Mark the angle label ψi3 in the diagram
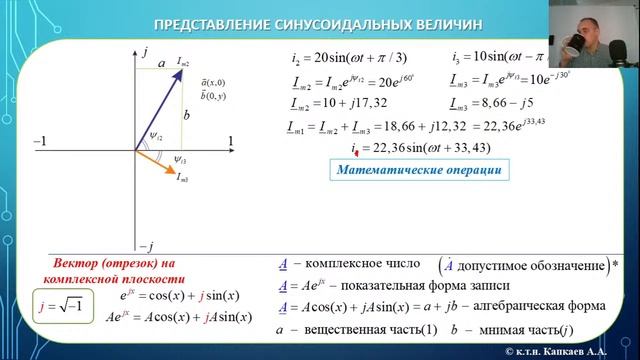[178, 159]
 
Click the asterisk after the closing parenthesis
[613, 265]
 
